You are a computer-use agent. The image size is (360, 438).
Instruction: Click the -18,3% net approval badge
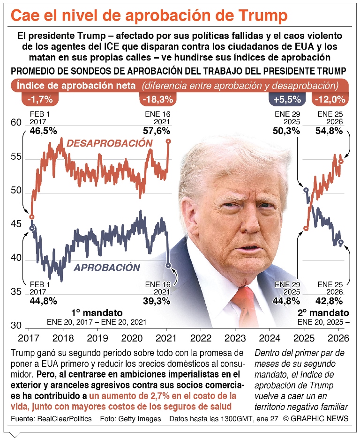[157, 100]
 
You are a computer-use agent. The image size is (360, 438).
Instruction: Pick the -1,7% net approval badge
[40, 100]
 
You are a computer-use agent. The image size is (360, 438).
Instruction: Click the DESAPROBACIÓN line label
[110, 143]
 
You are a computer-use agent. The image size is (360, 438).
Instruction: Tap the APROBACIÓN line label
[107, 267]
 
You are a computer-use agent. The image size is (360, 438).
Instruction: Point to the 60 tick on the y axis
[16, 123]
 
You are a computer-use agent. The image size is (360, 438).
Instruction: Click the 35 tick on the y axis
[16, 292]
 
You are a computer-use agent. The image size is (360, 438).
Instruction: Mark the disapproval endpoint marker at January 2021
[168, 141]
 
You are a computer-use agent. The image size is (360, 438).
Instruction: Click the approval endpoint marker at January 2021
[168, 266]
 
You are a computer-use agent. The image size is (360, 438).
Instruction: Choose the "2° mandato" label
[323, 312]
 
